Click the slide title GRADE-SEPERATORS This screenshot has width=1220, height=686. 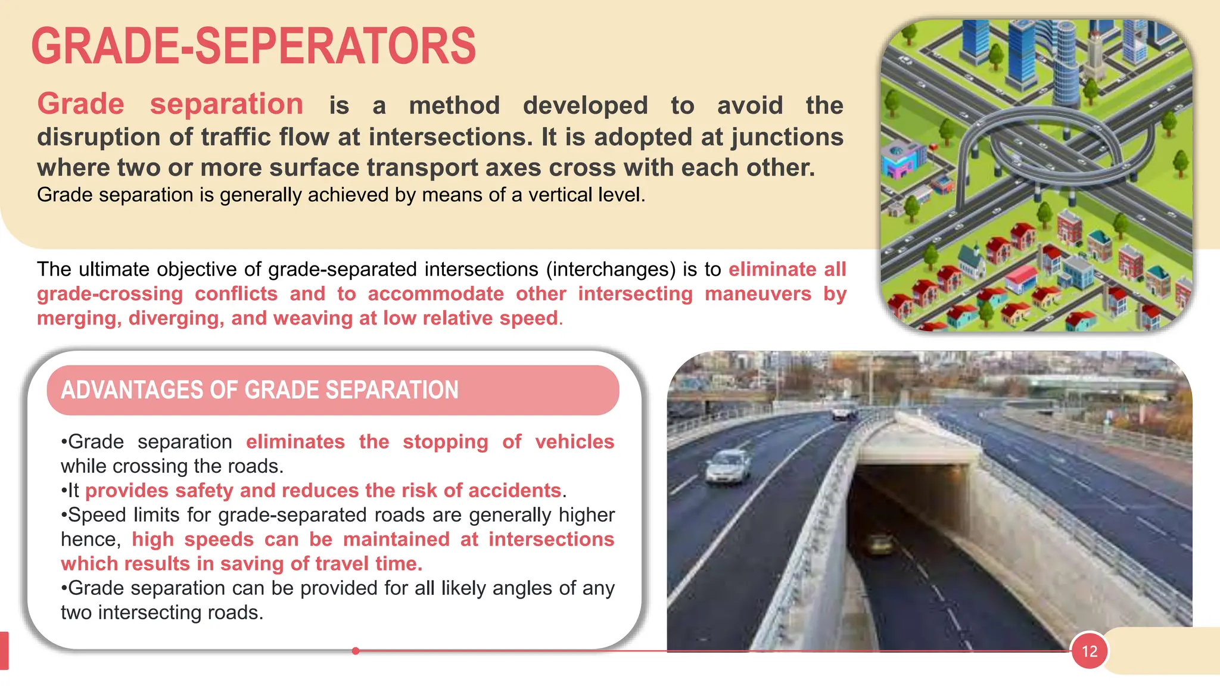pyautogui.click(x=253, y=46)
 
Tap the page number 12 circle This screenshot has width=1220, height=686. pyautogui.click(x=1089, y=651)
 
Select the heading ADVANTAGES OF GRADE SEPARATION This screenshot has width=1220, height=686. pyautogui.click(x=260, y=391)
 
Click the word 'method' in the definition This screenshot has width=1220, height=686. pyautogui.click(x=455, y=106)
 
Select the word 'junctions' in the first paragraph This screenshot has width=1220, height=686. pyautogui.click(x=787, y=137)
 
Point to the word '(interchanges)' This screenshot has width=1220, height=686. pyautogui.click(x=611, y=270)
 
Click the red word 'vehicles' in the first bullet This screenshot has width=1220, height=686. pyautogui.click(x=574, y=442)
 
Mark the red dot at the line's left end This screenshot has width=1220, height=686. pyautogui.click(x=356, y=651)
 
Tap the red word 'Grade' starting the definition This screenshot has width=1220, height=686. pyautogui.click(x=80, y=105)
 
